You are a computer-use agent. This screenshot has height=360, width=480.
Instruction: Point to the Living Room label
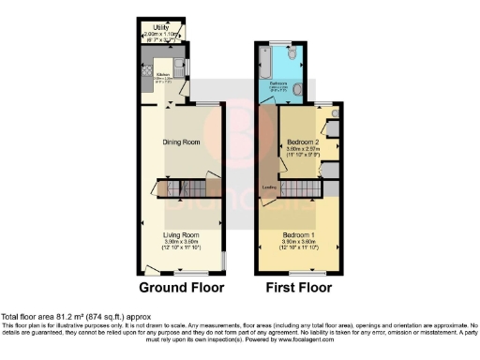click(x=183, y=234)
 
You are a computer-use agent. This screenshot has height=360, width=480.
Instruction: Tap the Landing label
click(x=268, y=187)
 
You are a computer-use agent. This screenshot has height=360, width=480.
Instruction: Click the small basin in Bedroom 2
click(x=335, y=112)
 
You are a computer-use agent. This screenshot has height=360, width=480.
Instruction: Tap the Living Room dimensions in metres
click(x=183, y=241)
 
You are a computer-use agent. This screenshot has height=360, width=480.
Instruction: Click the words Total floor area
click(x=30, y=317)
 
